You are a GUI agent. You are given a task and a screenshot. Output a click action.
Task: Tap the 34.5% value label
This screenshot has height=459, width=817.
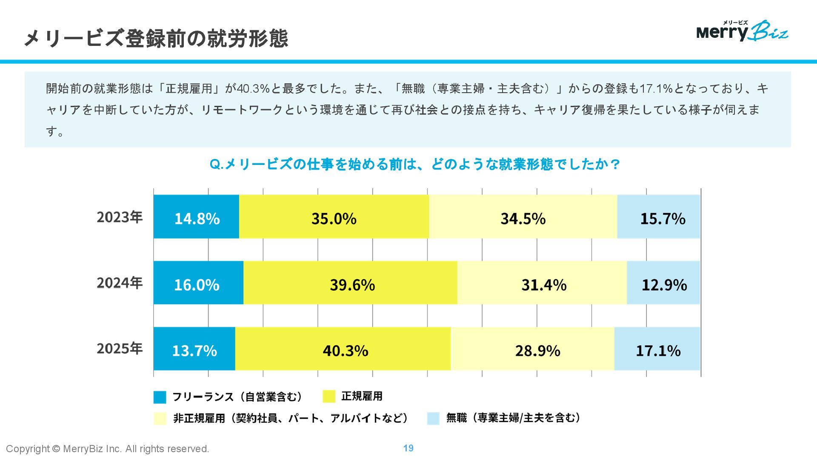pos(523,219)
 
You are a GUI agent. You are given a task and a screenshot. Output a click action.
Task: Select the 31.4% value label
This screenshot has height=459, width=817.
pos(544,285)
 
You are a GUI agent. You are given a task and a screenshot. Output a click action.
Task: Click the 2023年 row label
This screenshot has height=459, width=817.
pos(120,217)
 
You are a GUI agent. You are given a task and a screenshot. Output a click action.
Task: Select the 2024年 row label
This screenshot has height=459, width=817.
pos(120,283)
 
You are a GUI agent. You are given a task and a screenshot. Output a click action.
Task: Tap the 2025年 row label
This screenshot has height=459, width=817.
pos(120,349)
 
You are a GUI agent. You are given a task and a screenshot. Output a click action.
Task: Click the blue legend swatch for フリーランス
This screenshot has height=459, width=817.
pos(160,397)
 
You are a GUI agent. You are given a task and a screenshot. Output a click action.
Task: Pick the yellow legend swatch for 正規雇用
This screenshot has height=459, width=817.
pos(329,397)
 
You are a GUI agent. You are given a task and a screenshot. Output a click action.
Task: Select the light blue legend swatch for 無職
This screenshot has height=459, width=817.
pos(433,419)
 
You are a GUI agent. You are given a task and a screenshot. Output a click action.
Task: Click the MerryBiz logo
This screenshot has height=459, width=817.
pos(742,31)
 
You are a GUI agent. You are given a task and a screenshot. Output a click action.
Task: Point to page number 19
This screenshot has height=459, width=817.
pos(408,448)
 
